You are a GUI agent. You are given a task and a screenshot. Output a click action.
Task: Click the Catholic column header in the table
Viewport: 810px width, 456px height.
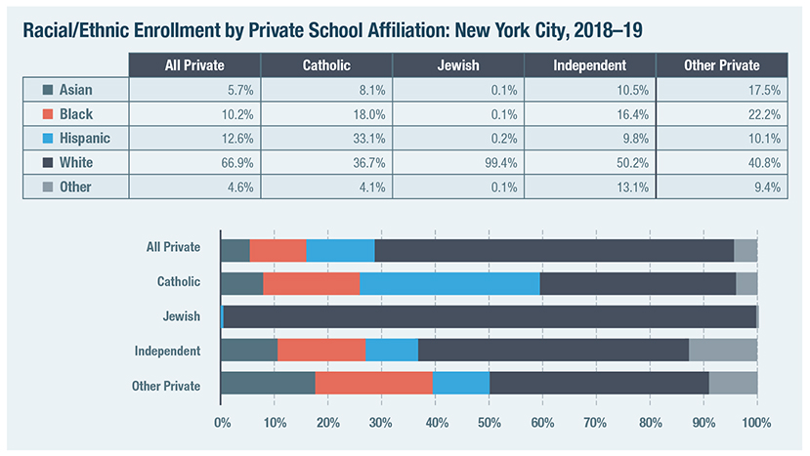326,64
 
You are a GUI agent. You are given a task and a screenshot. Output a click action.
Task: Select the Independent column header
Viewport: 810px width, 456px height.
589,64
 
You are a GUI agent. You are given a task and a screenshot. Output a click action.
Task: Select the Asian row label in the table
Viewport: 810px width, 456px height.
75,90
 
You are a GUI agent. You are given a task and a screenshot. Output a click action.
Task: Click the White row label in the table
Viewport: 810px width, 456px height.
75,162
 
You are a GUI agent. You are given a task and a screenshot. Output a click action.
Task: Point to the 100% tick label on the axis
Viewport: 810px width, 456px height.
756,424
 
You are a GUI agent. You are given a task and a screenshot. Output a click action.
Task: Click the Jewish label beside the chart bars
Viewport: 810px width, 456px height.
182,316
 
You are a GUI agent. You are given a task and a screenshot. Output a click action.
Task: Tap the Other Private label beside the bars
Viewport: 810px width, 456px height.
166,386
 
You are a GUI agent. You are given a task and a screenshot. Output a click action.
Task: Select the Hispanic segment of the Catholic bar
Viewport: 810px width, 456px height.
449,282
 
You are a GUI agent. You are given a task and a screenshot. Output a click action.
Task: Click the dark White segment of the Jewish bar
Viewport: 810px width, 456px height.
489,316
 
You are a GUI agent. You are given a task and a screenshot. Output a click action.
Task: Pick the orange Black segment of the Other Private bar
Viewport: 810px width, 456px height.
373,386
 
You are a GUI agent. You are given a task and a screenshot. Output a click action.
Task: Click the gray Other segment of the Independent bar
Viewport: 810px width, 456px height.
722,351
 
